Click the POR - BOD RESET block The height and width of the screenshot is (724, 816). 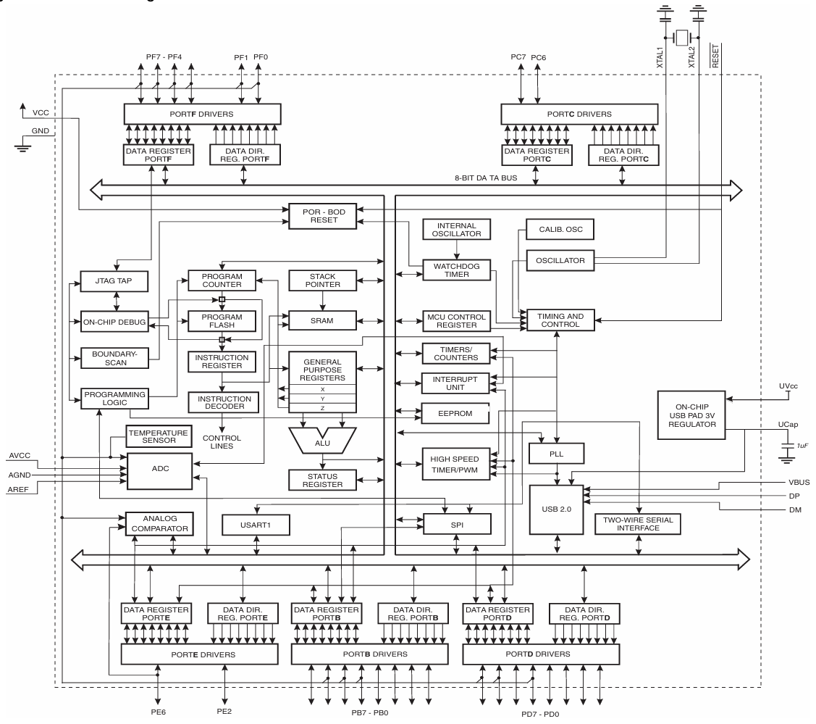(324, 215)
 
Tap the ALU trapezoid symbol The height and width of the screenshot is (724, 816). (323, 439)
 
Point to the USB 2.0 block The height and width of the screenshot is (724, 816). (556, 509)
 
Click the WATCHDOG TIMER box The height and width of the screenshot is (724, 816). (455, 270)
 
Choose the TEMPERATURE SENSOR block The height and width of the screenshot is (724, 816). (158, 436)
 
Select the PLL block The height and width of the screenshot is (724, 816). (555, 454)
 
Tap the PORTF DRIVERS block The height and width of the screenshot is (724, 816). (202, 114)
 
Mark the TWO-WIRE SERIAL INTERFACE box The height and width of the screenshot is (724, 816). (638, 523)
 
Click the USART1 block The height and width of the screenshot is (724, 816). (256, 523)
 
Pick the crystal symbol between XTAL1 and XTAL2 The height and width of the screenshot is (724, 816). (681, 38)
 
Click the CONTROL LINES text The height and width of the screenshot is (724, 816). (222, 442)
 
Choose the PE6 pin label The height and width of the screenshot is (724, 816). (157, 711)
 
